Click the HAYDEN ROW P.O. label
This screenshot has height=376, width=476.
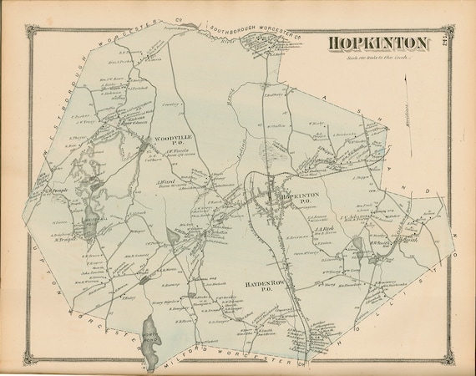[x=258, y=287]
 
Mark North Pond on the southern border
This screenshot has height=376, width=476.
[x=151, y=332]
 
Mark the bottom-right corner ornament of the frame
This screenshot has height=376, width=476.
[x=452, y=363]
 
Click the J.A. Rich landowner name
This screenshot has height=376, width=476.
[x=323, y=227]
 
